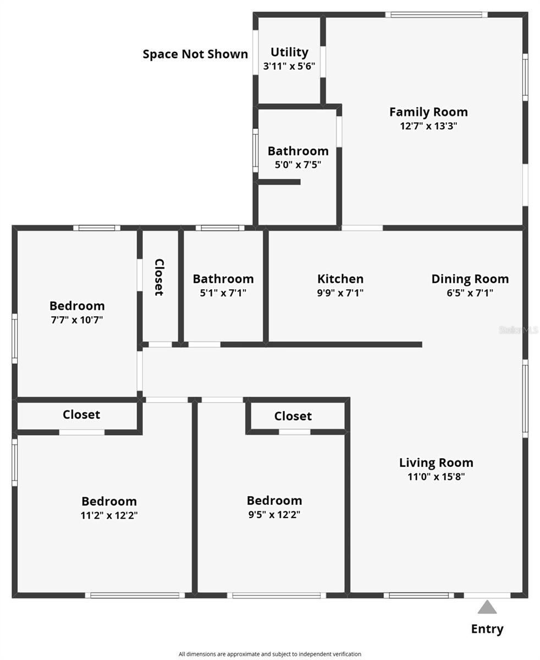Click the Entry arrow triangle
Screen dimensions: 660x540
[x=487, y=608]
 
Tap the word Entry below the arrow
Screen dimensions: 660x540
[x=487, y=629]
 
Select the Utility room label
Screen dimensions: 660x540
[x=289, y=52]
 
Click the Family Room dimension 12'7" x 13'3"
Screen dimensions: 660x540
[x=428, y=126]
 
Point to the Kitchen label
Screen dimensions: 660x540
[x=340, y=279]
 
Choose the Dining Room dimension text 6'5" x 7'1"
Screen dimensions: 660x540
[x=470, y=293]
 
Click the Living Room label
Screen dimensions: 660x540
[x=436, y=463]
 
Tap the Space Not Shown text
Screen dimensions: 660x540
[x=195, y=54]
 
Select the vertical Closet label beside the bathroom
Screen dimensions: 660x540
[x=159, y=277]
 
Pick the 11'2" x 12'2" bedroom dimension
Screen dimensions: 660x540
[x=109, y=516]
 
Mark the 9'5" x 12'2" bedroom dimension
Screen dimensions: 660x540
[x=274, y=515]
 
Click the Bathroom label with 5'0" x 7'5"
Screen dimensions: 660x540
[x=298, y=151]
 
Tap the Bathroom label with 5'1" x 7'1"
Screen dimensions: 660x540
[x=223, y=279]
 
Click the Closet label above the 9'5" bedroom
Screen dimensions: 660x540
[x=293, y=416]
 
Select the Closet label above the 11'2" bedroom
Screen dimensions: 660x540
[x=81, y=415]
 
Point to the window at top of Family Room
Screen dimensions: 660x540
[x=436, y=15]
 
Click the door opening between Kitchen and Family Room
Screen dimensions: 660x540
[x=362, y=228]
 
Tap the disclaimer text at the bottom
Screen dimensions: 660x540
[x=269, y=654]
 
